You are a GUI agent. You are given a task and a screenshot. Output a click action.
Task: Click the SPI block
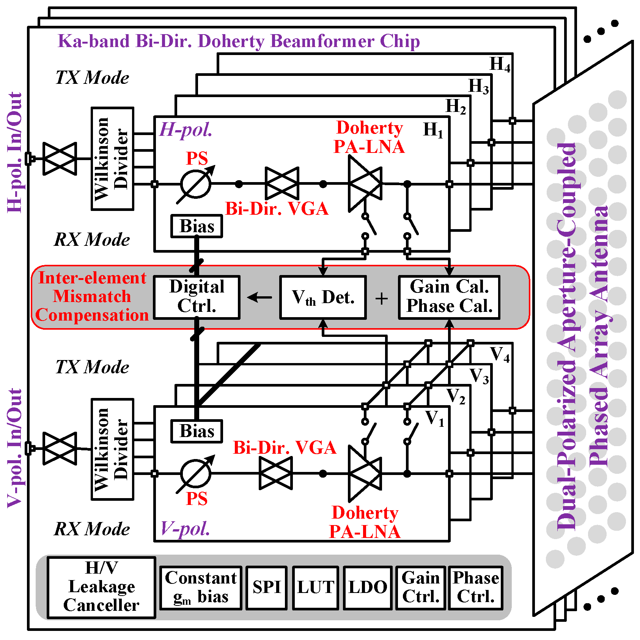click(266, 588)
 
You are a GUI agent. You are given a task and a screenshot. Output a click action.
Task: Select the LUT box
click(315, 588)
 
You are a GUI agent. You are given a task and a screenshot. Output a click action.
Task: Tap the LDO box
click(367, 588)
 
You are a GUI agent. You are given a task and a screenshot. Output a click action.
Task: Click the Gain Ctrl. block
click(420, 588)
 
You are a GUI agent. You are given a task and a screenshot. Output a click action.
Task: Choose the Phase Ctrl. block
click(475, 588)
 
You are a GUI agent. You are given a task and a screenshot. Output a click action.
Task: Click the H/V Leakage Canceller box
click(101, 587)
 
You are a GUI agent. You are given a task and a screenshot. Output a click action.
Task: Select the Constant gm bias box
click(201, 588)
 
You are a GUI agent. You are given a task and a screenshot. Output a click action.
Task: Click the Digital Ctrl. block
click(197, 297)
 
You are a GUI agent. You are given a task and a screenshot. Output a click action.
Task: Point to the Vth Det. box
click(323, 297)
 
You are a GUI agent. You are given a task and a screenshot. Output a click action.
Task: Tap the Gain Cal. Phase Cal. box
click(449, 297)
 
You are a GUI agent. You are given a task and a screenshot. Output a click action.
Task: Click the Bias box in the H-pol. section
click(197, 226)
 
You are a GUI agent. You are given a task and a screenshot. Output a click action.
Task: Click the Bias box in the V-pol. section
click(197, 431)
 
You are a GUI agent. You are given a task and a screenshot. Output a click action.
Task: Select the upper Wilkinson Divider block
click(112, 159)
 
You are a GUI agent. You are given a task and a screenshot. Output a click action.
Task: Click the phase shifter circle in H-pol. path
click(196, 184)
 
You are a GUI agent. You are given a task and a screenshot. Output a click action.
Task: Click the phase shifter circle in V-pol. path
click(196, 473)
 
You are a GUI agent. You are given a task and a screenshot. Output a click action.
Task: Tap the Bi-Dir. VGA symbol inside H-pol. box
click(282, 184)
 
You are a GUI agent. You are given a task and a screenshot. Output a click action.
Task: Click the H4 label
click(500, 64)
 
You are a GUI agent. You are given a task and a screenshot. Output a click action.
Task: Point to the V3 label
click(479, 376)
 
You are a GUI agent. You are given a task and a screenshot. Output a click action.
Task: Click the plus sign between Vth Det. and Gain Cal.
click(382, 299)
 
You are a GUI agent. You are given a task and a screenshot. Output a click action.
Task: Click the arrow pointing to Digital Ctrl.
click(259, 297)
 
